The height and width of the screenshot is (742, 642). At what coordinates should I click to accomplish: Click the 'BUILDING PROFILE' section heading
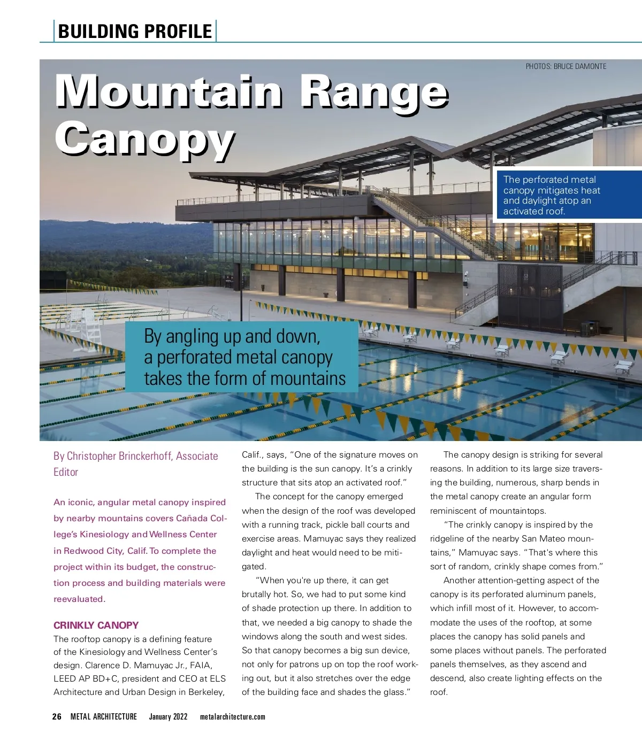point(135,31)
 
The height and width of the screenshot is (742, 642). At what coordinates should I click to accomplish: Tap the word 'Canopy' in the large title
point(144,138)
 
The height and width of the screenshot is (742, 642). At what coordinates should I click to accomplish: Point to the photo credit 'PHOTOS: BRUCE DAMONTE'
point(566,66)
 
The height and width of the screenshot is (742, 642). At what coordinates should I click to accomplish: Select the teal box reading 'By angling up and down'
point(242,357)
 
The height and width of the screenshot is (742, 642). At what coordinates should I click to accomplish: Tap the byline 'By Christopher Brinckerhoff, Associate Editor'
point(135,463)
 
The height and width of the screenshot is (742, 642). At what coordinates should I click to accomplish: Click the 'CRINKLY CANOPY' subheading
point(96,625)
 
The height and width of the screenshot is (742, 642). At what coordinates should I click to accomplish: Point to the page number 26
point(57,716)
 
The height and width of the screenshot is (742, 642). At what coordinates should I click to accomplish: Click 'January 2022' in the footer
point(168,716)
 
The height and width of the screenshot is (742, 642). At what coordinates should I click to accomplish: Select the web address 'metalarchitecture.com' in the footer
point(232,716)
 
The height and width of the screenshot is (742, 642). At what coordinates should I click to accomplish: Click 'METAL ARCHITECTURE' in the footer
point(104,716)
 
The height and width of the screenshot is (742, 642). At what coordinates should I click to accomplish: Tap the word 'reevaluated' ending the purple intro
point(79,599)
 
